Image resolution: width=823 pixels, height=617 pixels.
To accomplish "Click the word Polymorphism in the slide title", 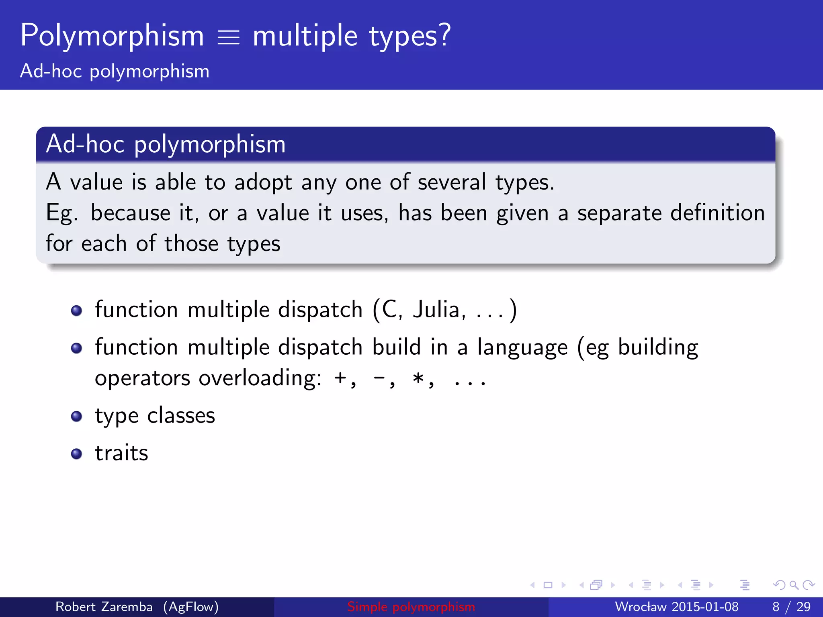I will pos(112,36).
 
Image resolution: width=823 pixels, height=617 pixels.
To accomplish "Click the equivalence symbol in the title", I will pos(228,38).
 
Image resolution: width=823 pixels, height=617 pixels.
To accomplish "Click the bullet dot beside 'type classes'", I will pos(76,416).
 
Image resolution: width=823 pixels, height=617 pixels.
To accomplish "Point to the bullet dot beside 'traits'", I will pos(76,454).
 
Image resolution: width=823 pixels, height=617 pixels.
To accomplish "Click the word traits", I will pos(121,453).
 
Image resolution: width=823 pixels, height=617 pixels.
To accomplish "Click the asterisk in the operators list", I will pos(418,378).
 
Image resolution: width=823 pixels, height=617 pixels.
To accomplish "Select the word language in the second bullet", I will pos(522,348).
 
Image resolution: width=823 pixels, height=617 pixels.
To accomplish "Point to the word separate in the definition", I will pos(619,213).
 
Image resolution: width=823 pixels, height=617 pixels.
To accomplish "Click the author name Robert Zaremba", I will pos(104,607).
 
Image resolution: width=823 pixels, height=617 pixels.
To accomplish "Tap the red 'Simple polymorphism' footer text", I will pos(411,607).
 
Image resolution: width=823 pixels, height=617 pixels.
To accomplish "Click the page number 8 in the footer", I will pos(776,607).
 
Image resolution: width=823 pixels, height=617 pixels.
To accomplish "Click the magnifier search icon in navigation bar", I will pos(794,585).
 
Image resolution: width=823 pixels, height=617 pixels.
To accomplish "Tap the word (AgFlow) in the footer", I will pos(191,607).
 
